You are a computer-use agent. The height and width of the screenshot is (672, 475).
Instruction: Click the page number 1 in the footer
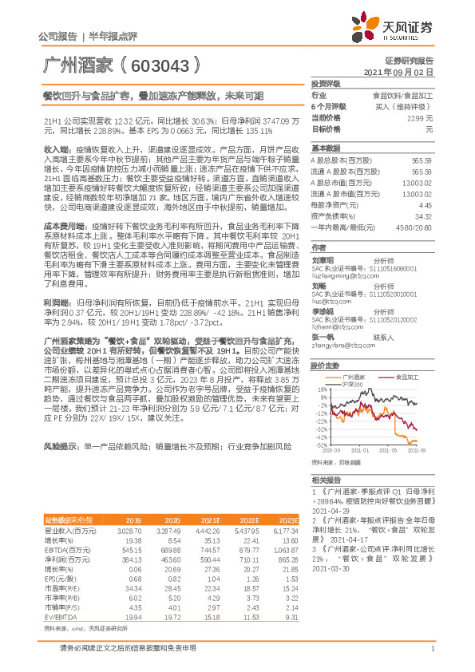coord(431,659)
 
